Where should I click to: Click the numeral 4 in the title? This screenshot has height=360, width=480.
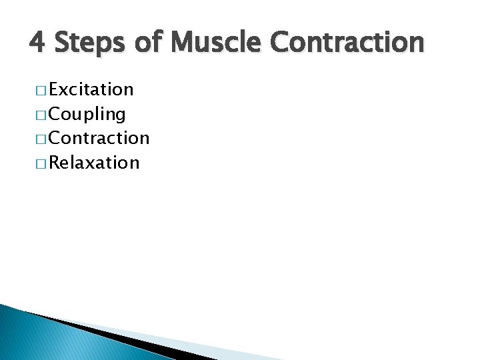[38, 42]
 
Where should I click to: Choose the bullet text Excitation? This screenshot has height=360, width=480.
[91, 89]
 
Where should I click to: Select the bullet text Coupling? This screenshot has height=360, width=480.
[87, 114]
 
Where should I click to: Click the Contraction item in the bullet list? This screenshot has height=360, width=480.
[99, 138]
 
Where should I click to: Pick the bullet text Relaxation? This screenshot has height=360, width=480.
[94, 163]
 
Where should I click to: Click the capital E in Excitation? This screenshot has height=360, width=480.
[55, 89]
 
